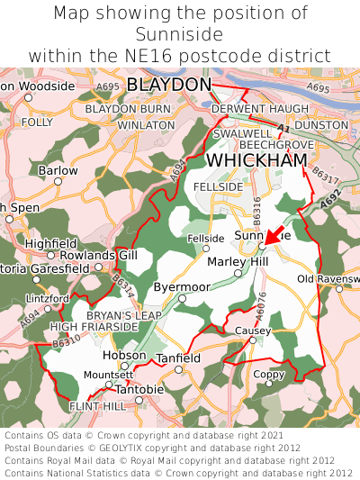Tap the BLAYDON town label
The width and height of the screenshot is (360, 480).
tap(169, 85)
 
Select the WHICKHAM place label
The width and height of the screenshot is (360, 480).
tap(256, 159)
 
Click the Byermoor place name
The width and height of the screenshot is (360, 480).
tap(181, 286)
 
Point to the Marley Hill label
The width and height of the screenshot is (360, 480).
tap(238, 261)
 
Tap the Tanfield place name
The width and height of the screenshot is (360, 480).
tap(178, 358)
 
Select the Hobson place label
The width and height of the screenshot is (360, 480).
tap(124, 355)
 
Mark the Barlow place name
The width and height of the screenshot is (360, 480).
tap(58, 170)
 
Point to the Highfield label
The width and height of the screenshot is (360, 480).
tap(50, 243)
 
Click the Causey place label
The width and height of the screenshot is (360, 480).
tap(252, 331)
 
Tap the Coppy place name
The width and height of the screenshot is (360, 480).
tap(268, 374)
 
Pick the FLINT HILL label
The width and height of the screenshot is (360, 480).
tap(98, 406)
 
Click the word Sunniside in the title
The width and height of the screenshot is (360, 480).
tap(180, 34)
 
